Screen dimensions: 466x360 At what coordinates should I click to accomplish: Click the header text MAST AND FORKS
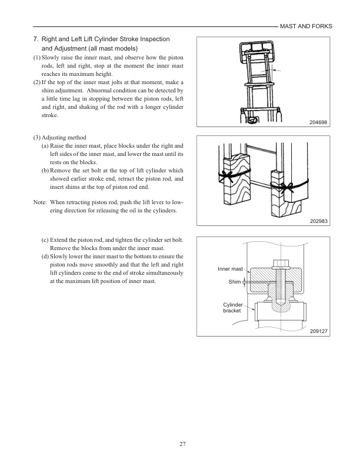pos(306,26)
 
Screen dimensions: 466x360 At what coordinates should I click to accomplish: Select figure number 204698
pos(318,122)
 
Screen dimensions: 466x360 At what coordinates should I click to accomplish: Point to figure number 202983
pos(318,222)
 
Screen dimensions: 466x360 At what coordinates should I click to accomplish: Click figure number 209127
pos(318,332)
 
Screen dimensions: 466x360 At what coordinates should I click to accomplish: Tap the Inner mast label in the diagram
pos(230,269)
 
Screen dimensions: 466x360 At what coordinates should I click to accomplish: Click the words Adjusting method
pos(66,137)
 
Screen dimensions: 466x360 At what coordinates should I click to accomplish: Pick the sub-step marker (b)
pos(45,170)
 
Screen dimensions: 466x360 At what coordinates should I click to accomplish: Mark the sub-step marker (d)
pos(45,257)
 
